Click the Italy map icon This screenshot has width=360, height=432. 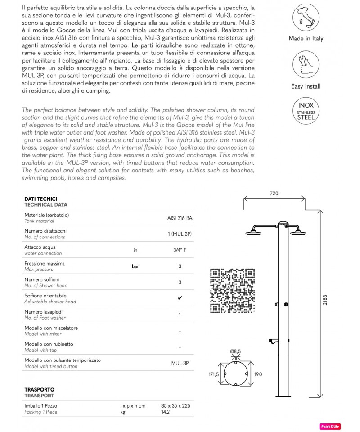306,19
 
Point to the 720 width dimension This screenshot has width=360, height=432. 274,193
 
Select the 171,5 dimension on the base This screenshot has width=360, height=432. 213,374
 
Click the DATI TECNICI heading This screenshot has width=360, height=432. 40,198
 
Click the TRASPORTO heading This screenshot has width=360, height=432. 39,389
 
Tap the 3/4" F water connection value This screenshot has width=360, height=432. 180,251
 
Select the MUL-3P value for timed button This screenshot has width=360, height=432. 180,363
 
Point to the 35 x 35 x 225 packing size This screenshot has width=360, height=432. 176,405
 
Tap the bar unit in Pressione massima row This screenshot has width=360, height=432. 135,266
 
